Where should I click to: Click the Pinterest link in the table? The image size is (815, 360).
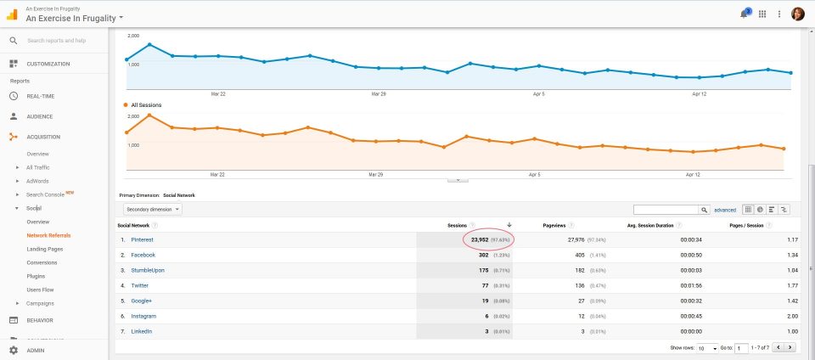click(142, 239)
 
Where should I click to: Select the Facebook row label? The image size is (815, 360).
click(143, 255)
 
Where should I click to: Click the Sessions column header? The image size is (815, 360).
click(458, 225)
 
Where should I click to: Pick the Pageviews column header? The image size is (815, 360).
click(554, 225)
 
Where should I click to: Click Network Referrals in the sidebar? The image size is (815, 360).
click(48, 235)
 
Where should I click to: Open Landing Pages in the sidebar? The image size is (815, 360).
click(44, 249)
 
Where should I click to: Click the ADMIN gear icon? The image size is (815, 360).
click(14, 350)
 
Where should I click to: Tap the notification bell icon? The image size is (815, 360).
click(744, 14)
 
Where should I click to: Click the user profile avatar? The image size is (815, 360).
click(798, 14)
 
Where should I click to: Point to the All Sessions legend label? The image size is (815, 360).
click(146, 105)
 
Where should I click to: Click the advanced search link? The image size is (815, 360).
click(725, 209)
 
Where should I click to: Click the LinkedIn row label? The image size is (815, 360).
click(142, 331)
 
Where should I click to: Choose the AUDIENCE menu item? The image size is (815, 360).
click(39, 116)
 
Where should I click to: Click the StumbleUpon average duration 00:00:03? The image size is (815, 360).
click(689, 270)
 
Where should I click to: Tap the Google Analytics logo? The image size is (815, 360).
click(12, 14)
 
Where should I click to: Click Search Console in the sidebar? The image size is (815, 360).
click(45, 194)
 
